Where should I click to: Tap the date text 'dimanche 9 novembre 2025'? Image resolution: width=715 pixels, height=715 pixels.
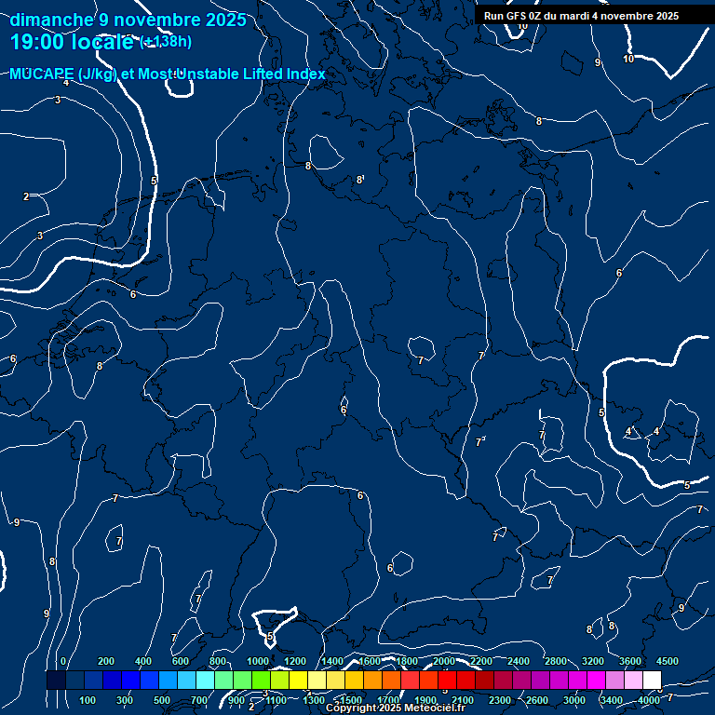click(x=128, y=20)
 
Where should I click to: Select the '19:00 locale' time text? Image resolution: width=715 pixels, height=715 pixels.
click(x=72, y=42)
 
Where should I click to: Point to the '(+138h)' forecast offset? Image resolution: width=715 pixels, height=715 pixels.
click(x=166, y=42)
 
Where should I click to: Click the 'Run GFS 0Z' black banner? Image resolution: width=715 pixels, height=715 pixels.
click(x=581, y=16)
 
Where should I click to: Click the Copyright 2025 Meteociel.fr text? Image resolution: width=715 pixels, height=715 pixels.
click(x=395, y=708)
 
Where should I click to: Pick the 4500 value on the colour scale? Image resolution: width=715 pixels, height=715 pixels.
click(x=667, y=661)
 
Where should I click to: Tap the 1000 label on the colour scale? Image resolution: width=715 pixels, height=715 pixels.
click(x=257, y=661)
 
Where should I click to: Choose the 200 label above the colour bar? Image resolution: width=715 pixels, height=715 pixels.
click(x=106, y=661)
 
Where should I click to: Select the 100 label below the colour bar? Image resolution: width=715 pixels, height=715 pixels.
click(x=88, y=700)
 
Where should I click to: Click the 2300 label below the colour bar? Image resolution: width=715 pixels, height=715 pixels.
click(x=499, y=700)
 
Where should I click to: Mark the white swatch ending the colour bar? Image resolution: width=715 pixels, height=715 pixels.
click(x=652, y=681)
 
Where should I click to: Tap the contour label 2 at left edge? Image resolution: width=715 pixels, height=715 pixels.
click(x=26, y=196)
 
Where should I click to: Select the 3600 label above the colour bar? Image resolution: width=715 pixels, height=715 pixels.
click(x=629, y=661)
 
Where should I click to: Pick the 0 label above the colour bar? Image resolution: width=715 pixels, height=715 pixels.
click(x=63, y=661)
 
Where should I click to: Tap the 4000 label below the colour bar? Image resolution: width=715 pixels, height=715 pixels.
click(x=649, y=700)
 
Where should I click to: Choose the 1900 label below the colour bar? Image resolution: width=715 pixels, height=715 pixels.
click(x=425, y=700)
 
